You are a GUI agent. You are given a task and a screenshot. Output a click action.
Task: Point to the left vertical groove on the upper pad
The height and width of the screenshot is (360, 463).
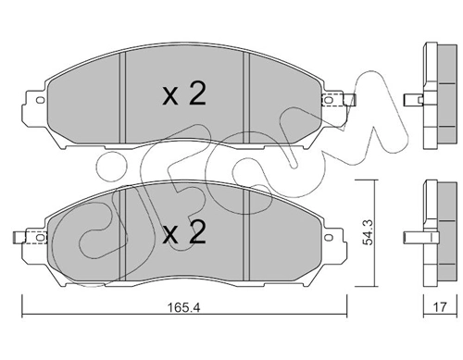click(x=124, y=93)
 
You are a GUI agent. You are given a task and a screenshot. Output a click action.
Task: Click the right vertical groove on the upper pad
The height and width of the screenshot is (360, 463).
click(x=244, y=93)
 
